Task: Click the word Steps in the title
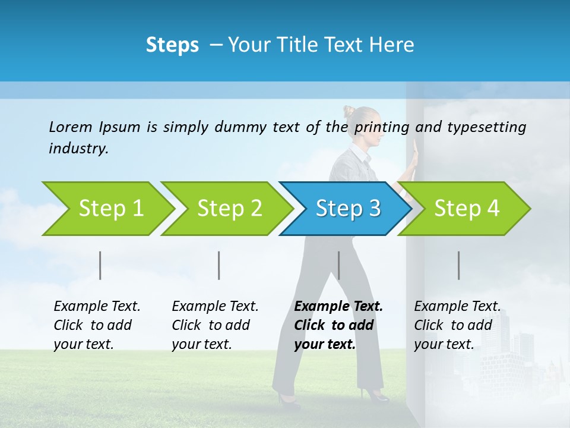pos(172,45)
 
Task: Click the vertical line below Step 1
pos(100,265)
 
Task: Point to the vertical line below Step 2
pos(219,265)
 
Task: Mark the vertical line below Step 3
pos(338,265)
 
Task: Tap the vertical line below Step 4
pos(458,265)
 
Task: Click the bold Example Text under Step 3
pos(338,307)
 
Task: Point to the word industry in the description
pos(78,148)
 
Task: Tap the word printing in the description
pos(382,127)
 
